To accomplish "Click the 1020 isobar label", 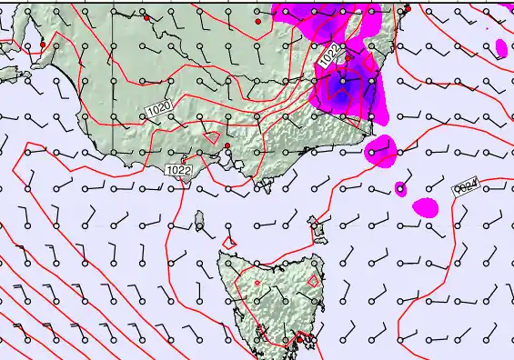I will (x=158, y=109).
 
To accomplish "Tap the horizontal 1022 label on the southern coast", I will (x=179, y=170).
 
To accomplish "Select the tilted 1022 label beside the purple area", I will (x=331, y=55).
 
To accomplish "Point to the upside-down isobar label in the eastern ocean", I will (x=466, y=188).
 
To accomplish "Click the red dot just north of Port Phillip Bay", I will (x=227, y=145).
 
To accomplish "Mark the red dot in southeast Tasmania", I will (x=297, y=339).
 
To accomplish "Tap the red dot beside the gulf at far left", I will (x=42, y=45).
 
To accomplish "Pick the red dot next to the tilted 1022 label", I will (x=348, y=57).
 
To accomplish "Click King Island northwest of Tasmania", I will (x=198, y=219).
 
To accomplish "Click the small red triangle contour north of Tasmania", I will (x=230, y=242).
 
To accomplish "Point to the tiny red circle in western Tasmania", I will (x=257, y=283).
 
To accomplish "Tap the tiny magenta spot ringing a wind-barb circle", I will (x=400, y=189).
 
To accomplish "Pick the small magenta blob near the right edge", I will (x=501, y=47).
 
